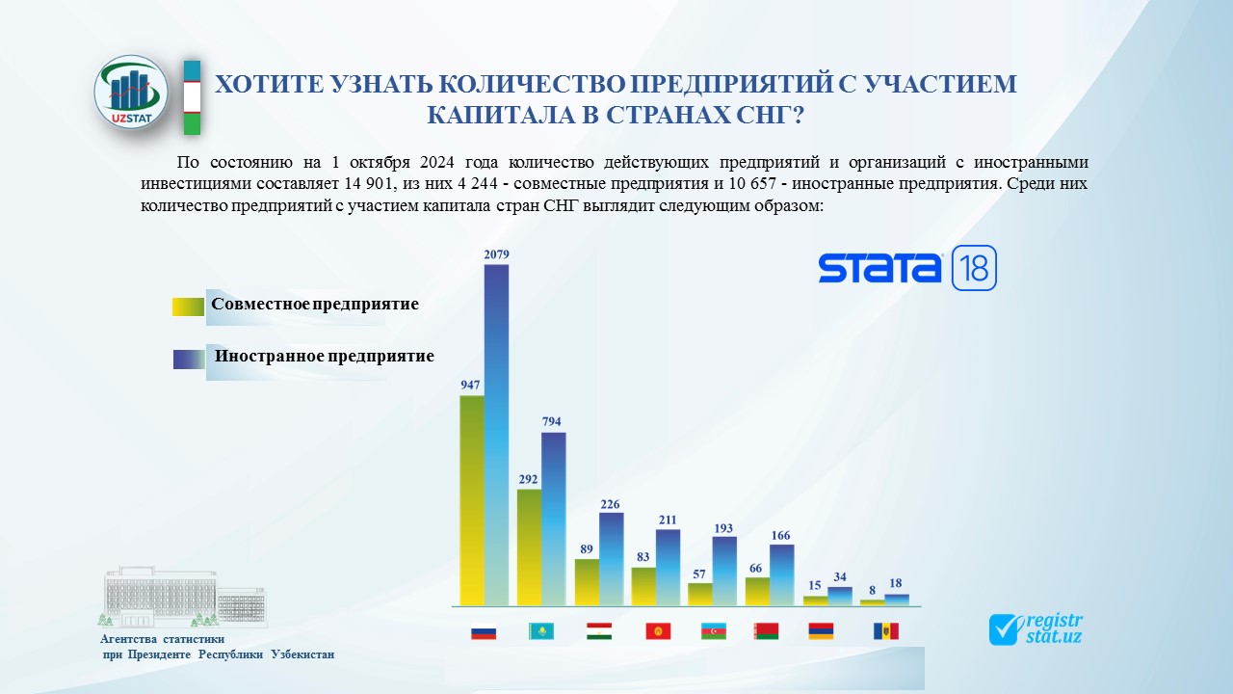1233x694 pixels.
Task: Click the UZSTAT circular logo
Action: pos(130,92)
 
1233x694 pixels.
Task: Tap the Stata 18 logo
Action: pos(907,268)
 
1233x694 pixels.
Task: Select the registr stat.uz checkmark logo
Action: pos(1036,629)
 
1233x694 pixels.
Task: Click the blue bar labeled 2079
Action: pos(496,435)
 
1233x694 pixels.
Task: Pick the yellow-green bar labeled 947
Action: pos(472,500)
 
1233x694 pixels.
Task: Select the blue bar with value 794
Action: pos(553,519)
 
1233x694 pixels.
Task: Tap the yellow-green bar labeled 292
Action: pos(529,547)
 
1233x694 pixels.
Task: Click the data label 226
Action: pos(610,504)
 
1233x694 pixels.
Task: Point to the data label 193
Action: pos(723,528)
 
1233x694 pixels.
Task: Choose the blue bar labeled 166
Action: pos(781,575)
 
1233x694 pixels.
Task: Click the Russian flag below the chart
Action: pos(484,631)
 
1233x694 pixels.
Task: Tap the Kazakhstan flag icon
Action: pos(540,631)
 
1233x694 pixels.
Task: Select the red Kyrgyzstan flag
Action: pos(658,631)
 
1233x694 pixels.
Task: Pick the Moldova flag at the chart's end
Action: pos(885,631)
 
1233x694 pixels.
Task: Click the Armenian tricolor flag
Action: pos(821,631)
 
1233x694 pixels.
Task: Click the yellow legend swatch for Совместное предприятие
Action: pos(188,307)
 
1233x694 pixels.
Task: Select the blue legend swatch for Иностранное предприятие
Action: pos(189,360)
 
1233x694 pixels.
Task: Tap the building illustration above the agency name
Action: pos(183,597)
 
